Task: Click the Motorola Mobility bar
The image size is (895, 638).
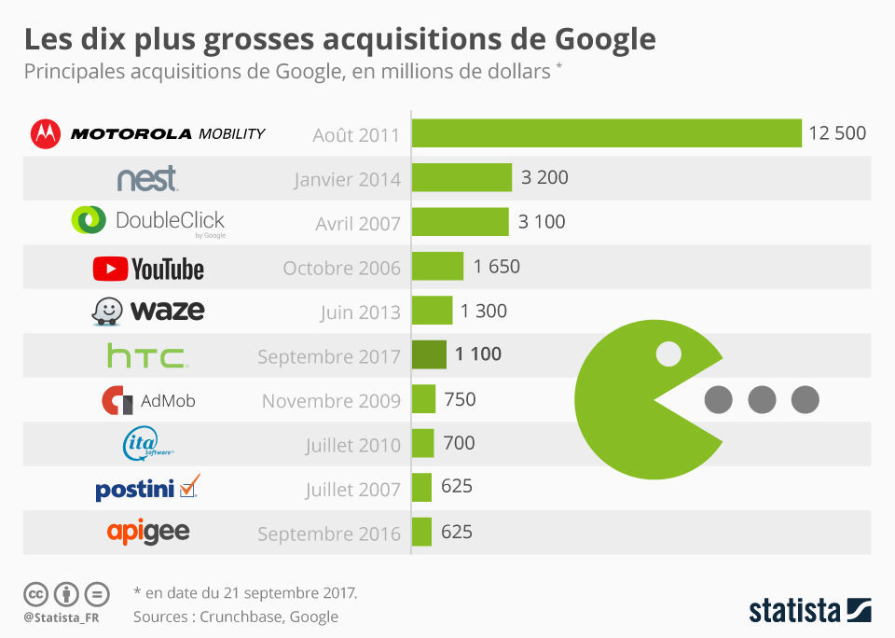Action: click(x=606, y=133)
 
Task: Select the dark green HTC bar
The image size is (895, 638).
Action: click(x=429, y=354)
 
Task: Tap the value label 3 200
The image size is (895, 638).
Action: click(x=544, y=177)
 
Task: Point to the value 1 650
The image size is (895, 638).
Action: click(x=496, y=267)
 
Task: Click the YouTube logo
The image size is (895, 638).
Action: click(x=148, y=270)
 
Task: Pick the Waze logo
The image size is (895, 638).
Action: click(x=148, y=311)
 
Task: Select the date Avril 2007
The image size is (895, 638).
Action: click(x=358, y=223)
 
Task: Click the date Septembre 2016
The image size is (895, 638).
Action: click(x=329, y=534)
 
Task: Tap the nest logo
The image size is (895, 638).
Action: click(x=147, y=178)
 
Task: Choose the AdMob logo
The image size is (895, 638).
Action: click(x=148, y=401)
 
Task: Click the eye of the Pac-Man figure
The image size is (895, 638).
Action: click(x=668, y=354)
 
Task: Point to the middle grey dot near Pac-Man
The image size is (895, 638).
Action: click(x=762, y=399)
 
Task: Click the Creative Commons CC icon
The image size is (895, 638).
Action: click(x=35, y=594)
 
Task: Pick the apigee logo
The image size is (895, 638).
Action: click(x=148, y=533)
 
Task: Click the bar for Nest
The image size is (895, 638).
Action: click(x=461, y=177)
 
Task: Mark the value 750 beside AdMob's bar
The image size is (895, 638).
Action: click(x=460, y=399)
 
